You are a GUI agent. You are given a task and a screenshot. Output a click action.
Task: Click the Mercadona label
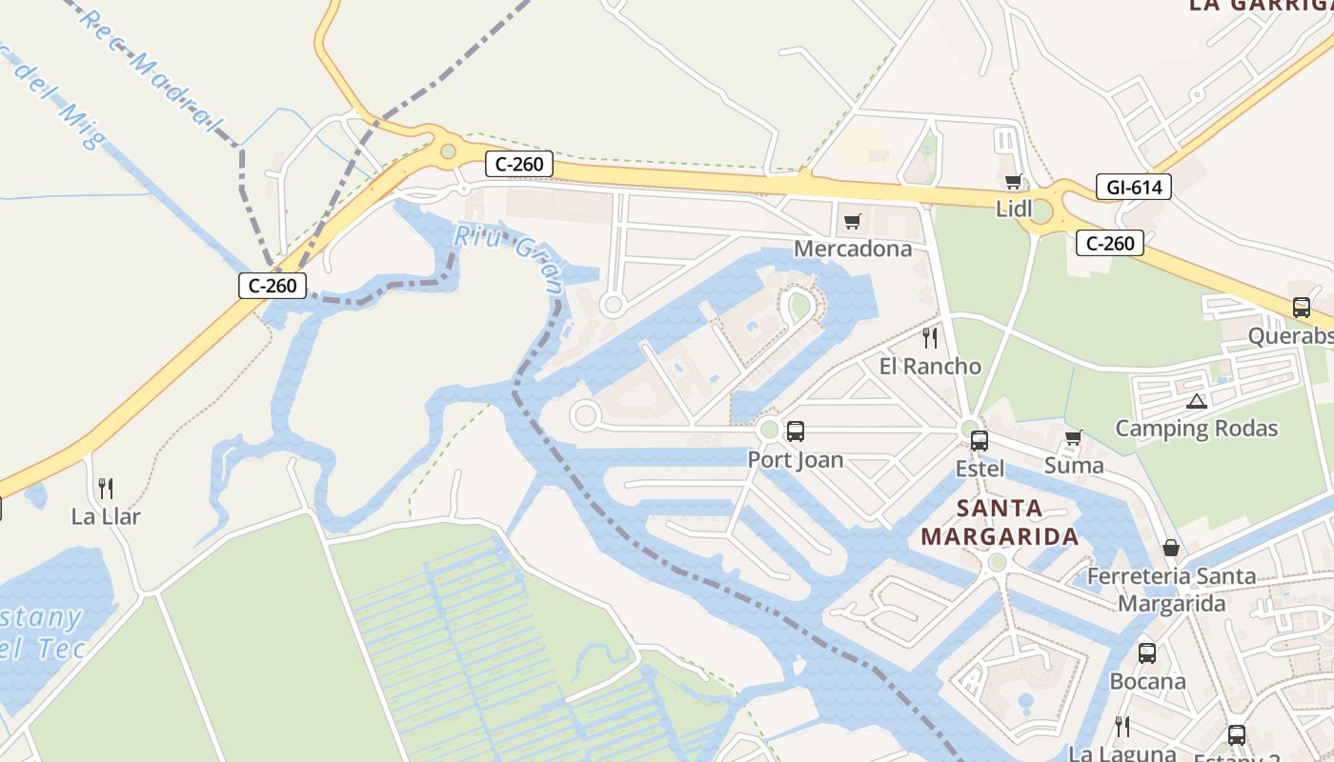(x=853, y=249)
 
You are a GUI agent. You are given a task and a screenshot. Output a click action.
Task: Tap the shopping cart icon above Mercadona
(x=853, y=222)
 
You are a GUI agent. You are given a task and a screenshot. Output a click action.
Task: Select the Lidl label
(x=1014, y=209)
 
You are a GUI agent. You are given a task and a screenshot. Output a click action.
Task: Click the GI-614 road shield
(x=1133, y=188)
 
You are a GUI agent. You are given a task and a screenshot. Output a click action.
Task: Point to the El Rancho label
(x=929, y=366)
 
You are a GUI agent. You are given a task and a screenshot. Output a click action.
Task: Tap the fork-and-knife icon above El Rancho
(x=930, y=338)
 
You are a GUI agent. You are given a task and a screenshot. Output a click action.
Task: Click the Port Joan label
(x=795, y=459)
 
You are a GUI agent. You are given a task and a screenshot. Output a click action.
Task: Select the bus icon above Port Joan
(x=795, y=431)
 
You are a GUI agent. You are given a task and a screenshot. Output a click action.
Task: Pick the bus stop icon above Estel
(x=980, y=441)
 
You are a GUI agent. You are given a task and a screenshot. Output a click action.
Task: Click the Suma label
(x=1074, y=466)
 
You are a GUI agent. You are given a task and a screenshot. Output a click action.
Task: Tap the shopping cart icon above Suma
(x=1074, y=438)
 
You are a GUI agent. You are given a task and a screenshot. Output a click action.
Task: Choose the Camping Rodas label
(x=1196, y=428)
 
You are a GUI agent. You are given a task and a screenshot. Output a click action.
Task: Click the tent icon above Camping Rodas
(x=1197, y=401)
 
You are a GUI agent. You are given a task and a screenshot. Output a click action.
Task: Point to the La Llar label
(x=106, y=516)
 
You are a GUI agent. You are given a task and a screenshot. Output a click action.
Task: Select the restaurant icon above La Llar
(x=106, y=489)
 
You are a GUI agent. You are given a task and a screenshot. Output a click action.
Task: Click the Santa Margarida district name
(x=999, y=522)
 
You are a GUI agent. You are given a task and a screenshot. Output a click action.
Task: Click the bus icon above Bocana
(x=1147, y=653)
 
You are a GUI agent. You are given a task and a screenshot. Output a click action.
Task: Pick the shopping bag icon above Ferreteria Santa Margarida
(x=1171, y=548)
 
